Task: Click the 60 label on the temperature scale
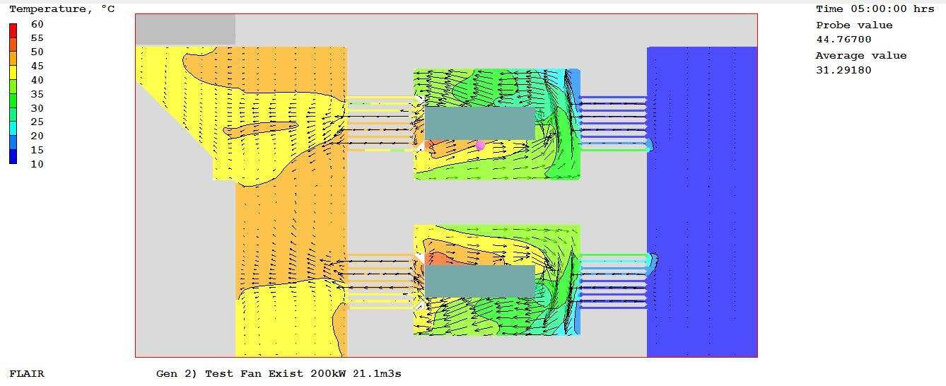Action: tap(37, 24)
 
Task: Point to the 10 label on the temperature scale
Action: tap(37, 164)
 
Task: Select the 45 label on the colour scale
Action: tap(37, 66)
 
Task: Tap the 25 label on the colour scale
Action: tap(37, 122)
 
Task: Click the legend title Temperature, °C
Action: tap(62, 9)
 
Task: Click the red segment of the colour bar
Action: tap(13, 30)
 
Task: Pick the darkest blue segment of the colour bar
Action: tap(13, 157)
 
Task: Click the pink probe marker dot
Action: tap(480, 146)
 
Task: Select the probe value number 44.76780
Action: tap(843, 40)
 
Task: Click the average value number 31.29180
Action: tap(843, 70)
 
